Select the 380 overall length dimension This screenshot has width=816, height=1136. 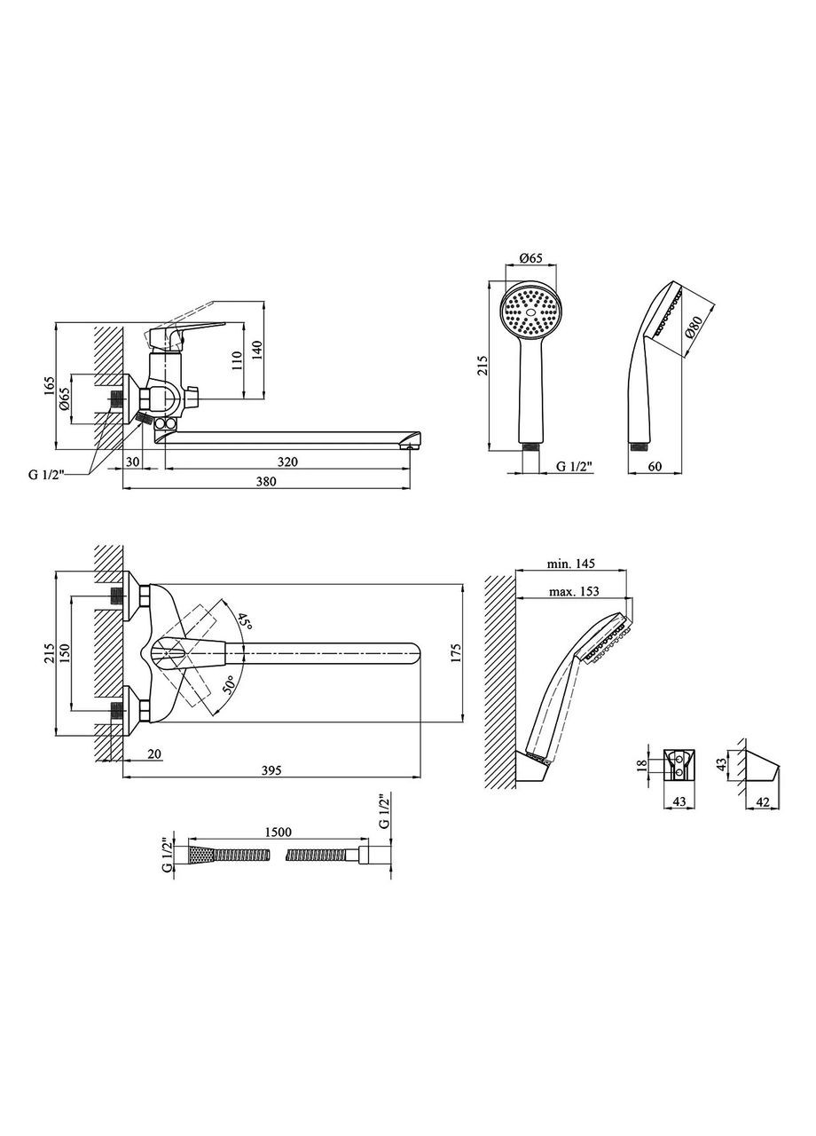click(x=266, y=482)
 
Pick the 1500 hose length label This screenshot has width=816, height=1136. click(x=279, y=835)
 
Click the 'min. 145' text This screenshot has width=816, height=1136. click(x=570, y=564)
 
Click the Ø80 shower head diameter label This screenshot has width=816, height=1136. click(x=695, y=328)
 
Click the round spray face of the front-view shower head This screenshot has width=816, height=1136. click(x=530, y=311)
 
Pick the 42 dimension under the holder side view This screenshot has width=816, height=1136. click(x=762, y=802)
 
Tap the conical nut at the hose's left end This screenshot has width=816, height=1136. click(x=201, y=856)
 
